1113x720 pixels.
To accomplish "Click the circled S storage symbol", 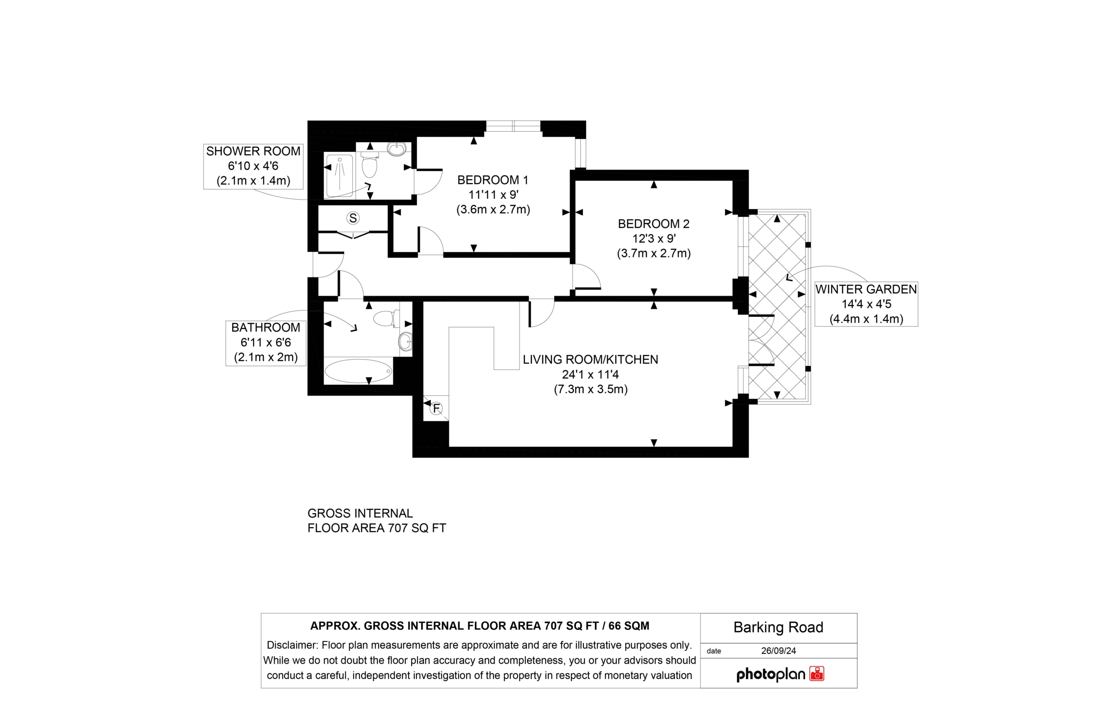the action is [x=353, y=218].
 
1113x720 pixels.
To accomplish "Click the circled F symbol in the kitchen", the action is [x=436, y=409].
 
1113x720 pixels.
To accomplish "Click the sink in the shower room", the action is [x=397, y=149].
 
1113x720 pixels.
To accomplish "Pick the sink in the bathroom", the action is [x=405, y=342].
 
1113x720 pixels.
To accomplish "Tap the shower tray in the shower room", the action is [x=340, y=175].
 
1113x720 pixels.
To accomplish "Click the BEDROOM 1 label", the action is [x=493, y=180].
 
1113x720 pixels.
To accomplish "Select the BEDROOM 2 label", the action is [x=653, y=224].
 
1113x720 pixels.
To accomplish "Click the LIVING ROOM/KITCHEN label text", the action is [x=590, y=360].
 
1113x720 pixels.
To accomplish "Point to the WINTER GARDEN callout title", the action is [x=866, y=290].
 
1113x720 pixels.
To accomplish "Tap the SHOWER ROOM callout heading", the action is [x=253, y=151].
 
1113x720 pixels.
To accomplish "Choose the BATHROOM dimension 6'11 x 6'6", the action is [x=266, y=343].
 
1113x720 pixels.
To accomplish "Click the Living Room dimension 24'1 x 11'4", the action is [x=590, y=374].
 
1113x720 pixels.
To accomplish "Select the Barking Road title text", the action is [x=778, y=627].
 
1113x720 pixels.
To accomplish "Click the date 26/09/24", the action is [x=779, y=651].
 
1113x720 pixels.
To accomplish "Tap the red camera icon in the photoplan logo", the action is [x=816, y=674].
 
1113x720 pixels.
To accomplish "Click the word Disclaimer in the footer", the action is [x=292, y=645].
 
